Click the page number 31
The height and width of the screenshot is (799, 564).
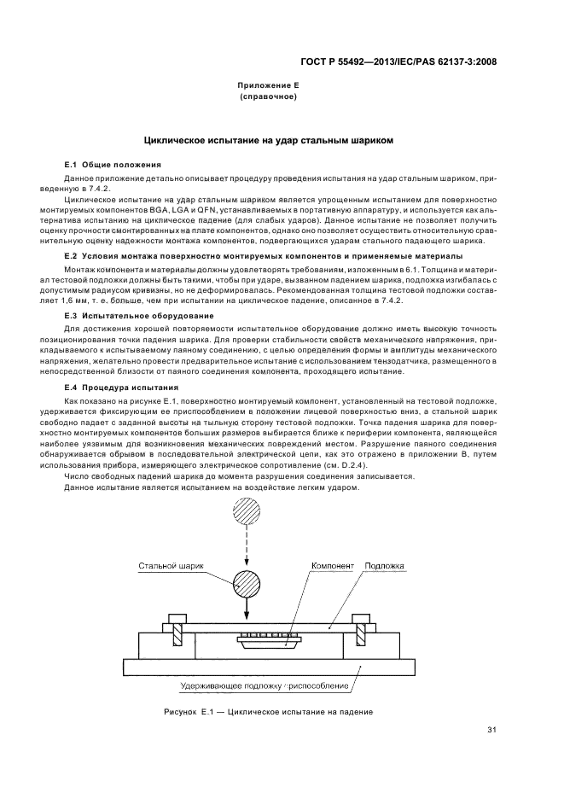pyautogui.click(x=491, y=729)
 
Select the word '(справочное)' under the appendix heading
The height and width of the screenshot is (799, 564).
pyautogui.click(x=268, y=97)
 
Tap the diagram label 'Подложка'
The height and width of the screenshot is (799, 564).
pyautogui.click(x=384, y=565)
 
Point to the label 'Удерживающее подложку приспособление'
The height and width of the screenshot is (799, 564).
pyautogui.click(x=265, y=685)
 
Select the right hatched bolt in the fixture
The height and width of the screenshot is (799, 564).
pyautogui.click(x=361, y=635)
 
